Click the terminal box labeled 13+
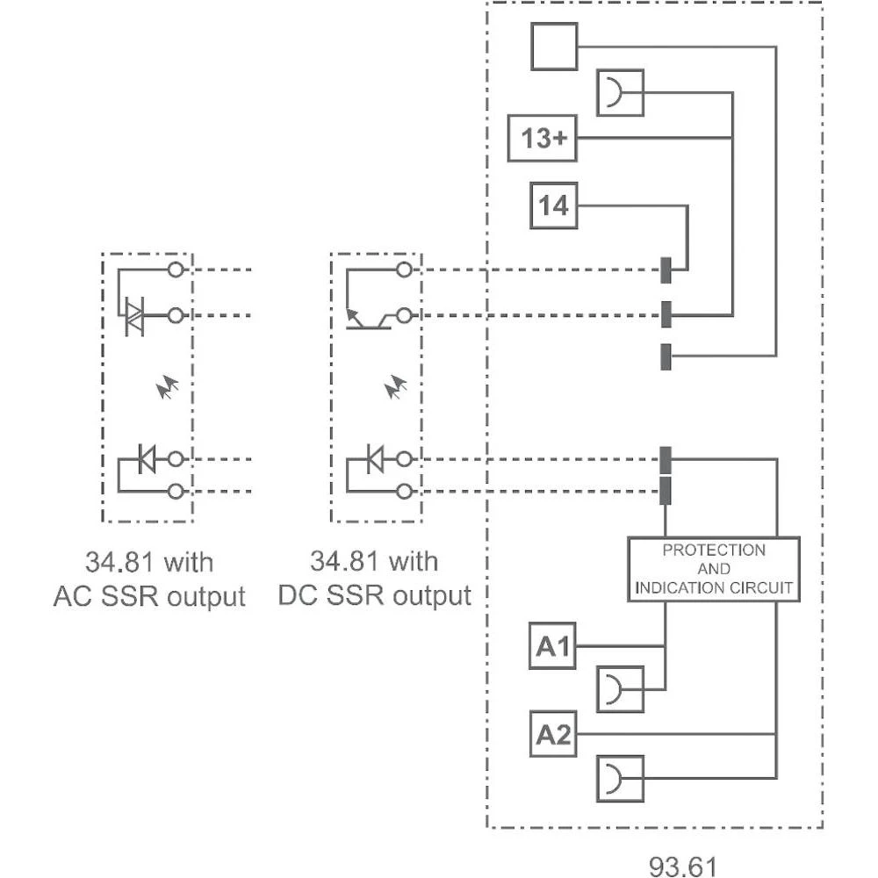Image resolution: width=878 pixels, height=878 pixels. click(x=543, y=139)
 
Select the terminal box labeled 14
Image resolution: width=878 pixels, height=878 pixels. click(x=554, y=206)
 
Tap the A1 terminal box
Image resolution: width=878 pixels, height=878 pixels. click(x=554, y=647)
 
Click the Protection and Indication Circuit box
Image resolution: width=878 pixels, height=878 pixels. click(x=713, y=568)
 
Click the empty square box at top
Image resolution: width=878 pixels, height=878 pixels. click(x=554, y=47)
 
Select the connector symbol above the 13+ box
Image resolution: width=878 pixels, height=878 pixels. click(x=620, y=92)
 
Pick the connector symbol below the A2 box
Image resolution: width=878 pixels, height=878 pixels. click(x=620, y=778)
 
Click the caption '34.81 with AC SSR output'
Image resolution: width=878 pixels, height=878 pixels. click(x=149, y=579)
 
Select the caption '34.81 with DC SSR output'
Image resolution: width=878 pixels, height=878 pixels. click(x=375, y=579)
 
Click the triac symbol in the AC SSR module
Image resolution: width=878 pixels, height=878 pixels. click(x=134, y=315)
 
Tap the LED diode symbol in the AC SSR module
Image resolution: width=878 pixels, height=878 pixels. click(x=147, y=457)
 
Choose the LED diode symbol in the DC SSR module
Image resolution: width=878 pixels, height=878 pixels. click(x=375, y=457)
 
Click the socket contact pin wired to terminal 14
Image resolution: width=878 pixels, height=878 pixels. click(x=666, y=270)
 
